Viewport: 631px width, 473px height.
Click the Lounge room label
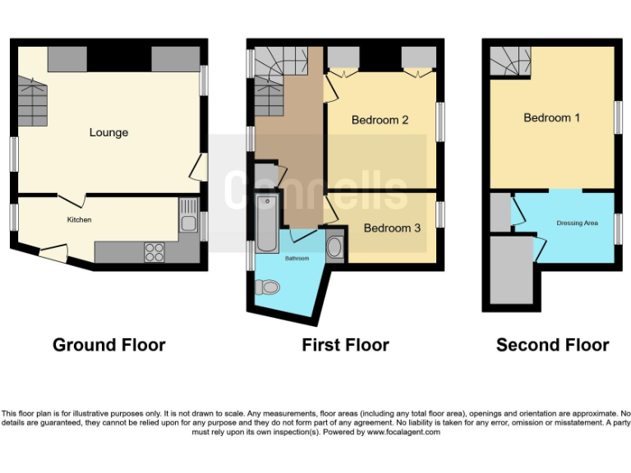point(108,132)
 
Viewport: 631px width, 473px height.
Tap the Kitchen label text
point(79,220)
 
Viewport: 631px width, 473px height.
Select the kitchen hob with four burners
point(154,252)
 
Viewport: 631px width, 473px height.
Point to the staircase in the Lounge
point(31,99)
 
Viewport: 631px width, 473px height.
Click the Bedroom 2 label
point(380,120)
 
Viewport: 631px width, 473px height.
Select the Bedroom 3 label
point(392,227)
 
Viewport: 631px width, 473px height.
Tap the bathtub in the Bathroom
point(267,223)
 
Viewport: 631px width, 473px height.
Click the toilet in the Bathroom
point(267,287)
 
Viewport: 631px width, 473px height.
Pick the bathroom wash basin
point(335,248)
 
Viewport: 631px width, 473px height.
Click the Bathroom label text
point(297,259)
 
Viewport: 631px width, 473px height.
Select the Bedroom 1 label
point(551,117)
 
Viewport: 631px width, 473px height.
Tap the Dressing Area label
point(577,223)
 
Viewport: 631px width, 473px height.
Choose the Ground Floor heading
point(108,345)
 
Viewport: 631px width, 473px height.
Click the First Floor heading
point(345,345)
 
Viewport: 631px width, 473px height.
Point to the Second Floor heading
point(552,345)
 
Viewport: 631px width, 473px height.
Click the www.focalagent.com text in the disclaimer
point(403,432)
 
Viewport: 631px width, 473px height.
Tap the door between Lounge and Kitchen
point(72,200)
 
